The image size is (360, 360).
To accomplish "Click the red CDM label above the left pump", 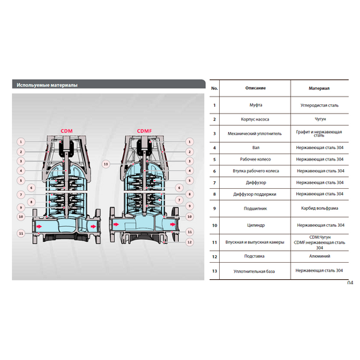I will click(66, 131).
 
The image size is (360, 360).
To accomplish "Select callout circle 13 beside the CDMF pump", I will click(106, 164).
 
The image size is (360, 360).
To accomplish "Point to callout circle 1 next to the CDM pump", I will click(20, 141).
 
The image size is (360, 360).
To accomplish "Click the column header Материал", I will click(320, 89).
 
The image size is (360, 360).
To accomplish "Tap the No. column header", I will click(215, 89).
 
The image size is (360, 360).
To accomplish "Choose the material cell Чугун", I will click(320, 118).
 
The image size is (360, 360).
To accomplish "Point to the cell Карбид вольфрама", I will click(320, 207).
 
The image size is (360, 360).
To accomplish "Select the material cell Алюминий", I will click(320, 256).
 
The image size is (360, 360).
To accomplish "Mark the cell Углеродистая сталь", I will click(320, 105).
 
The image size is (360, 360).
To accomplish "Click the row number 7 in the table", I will click(215, 182).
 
